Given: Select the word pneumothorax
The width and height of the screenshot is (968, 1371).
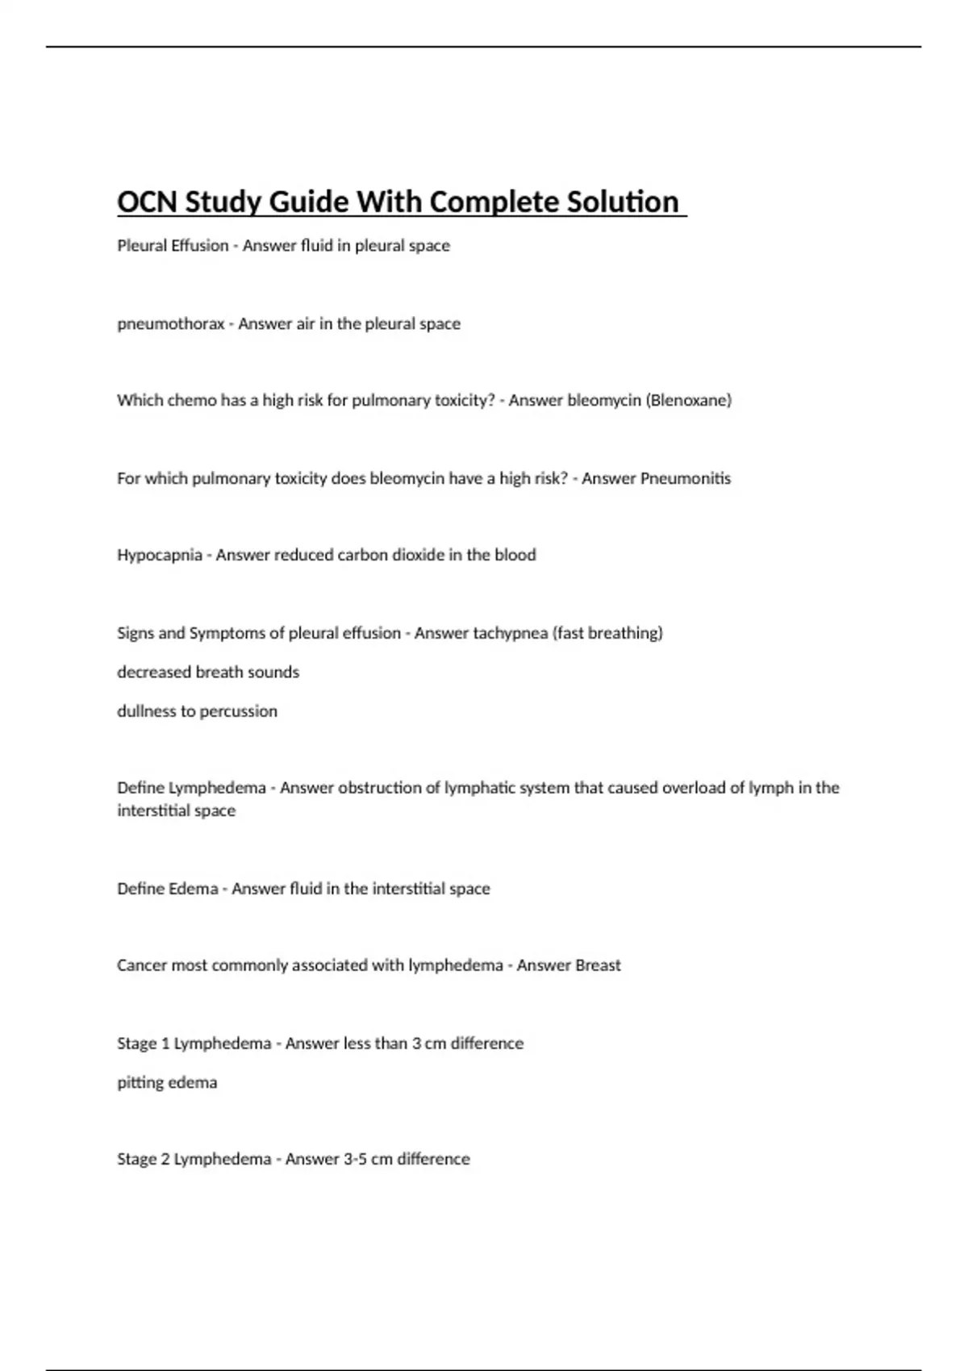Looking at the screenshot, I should point(170,323).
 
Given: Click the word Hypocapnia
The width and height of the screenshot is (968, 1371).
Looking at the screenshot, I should point(159,555).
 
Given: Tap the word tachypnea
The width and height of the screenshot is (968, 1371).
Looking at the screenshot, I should point(510,633).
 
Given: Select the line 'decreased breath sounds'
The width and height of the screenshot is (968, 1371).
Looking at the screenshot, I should point(207,672).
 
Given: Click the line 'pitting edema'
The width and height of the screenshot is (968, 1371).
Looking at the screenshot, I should point(167,1082).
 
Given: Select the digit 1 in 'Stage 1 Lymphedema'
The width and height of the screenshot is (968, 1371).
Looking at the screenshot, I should point(165,1044).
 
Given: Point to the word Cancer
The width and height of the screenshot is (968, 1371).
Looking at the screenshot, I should point(140,965).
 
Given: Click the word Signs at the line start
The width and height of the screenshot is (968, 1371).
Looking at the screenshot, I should point(135,633).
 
